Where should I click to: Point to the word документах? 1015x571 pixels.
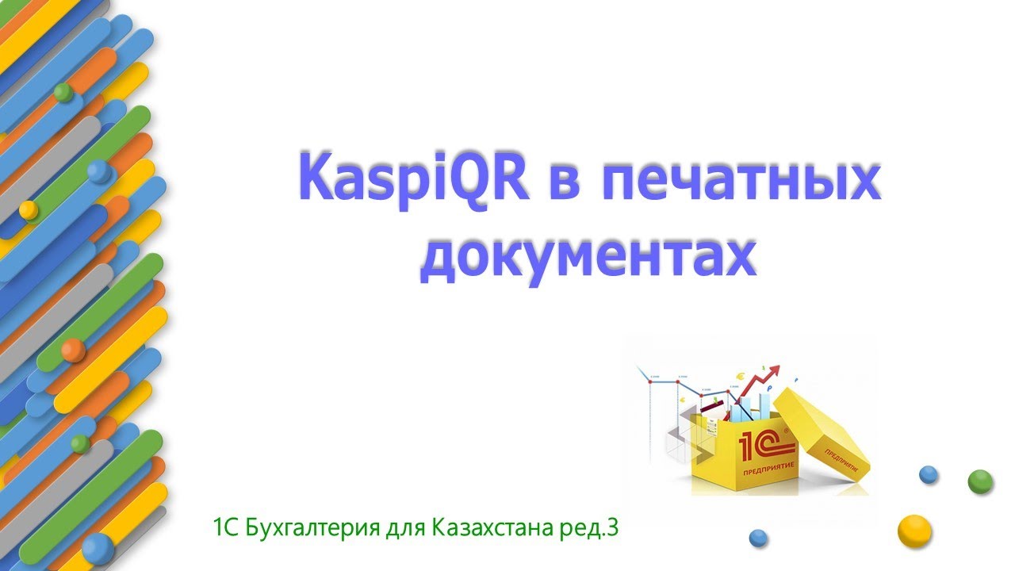pos(588,256)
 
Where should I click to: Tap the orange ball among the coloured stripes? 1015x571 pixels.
pos(73,350)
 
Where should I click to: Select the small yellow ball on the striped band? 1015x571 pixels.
pos(28,209)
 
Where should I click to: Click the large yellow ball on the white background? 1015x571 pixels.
pos(913,531)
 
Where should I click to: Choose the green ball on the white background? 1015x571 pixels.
pos(980,481)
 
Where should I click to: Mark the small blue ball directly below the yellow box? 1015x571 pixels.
pos(759,538)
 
